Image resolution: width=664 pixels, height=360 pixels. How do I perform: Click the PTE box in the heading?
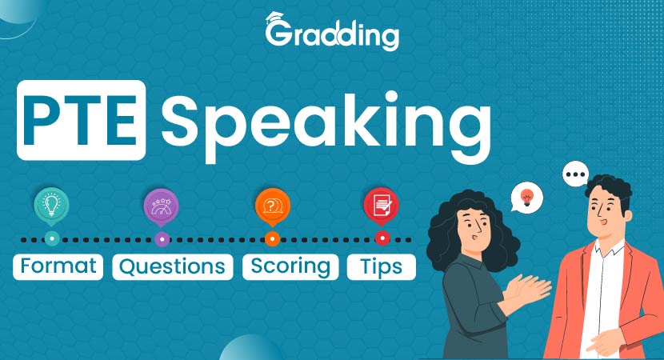click(82, 120)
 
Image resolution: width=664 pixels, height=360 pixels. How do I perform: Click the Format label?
click(58, 266)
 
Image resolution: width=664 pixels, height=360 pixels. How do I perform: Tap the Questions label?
click(173, 266)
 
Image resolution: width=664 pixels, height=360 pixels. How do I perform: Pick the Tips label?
click(382, 266)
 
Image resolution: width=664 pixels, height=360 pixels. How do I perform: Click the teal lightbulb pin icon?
click(51, 206)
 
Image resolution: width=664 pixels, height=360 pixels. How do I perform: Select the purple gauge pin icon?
click(162, 206)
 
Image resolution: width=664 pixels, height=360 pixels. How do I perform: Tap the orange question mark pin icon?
click(272, 206)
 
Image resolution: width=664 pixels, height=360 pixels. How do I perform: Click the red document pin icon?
click(382, 206)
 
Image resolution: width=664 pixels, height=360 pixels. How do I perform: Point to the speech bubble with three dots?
click(575, 174)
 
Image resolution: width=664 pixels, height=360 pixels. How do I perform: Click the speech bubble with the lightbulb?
click(526, 197)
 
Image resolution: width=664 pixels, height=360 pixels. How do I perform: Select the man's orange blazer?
click(628, 296)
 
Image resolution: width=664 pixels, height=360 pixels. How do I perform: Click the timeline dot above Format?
click(51, 238)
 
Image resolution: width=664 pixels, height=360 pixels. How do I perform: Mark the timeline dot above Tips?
click(382, 238)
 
